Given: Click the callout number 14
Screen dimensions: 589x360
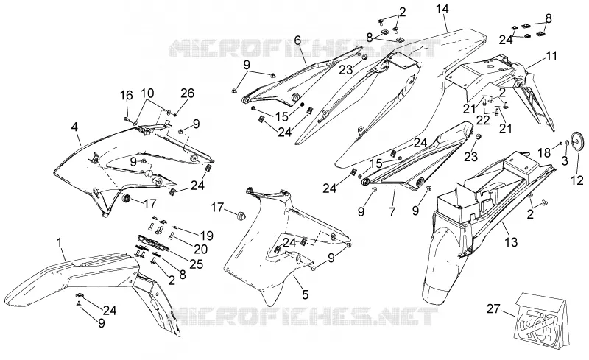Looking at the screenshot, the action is (x=442, y=9).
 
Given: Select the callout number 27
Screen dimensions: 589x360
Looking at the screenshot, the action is (x=493, y=309).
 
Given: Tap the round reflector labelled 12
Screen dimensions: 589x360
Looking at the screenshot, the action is (x=577, y=141).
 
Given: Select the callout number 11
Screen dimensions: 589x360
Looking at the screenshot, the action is (x=551, y=57).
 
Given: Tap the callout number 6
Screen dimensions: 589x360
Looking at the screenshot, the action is (x=297, y=40).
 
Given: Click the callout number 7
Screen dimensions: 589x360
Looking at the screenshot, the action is (x=392, y=211).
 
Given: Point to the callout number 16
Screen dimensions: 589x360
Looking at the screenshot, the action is (x=127, y=95).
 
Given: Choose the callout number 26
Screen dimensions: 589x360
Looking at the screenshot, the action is (x=188, y=93).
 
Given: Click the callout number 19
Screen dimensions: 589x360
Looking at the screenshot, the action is (x=207, y=236).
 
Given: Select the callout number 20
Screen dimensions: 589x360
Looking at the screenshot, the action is (x=201, y=249).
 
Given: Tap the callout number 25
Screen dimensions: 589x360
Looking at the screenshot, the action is (x=196, y=264).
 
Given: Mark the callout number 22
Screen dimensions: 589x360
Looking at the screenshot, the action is (x=483, y=120).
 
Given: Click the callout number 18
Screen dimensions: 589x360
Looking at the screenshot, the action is (x=544, y=152).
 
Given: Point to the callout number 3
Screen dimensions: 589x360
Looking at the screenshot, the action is (x=565, y=161).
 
